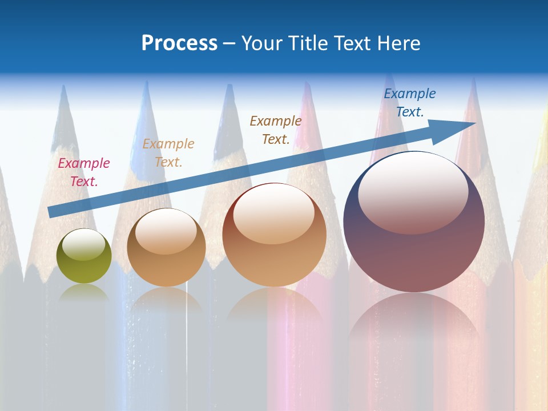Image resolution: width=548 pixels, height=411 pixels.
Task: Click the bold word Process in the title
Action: tap(179, 43)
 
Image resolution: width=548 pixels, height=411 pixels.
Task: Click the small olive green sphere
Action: tap(84, 256)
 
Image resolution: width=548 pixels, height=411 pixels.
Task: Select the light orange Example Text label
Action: tap(168, 153)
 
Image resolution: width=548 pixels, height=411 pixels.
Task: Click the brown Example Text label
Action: tap(276, 130)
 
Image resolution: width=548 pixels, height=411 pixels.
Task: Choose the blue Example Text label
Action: tap(410, 103)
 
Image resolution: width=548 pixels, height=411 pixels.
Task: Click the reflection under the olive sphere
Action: tap(84, 292)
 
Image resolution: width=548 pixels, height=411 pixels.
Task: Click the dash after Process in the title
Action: tap(229, 44)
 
